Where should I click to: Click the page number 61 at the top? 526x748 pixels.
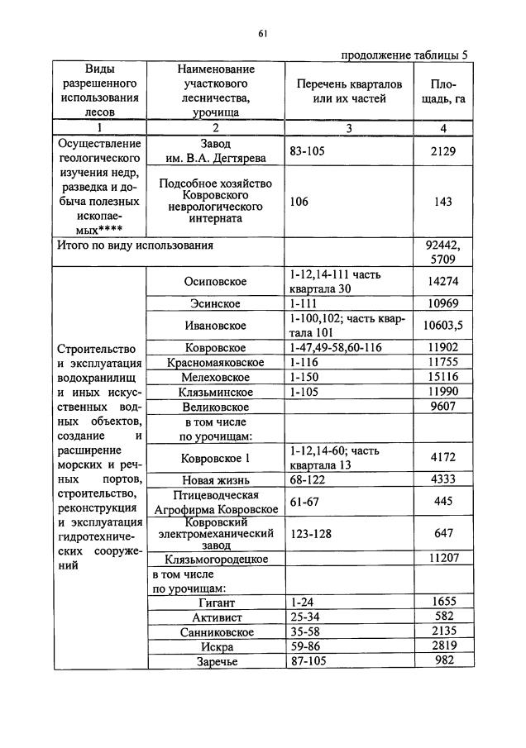[x=262, y=33]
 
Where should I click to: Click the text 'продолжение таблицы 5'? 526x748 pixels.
[x=404, y=55]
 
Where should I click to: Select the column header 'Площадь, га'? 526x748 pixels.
[x=443, y=92]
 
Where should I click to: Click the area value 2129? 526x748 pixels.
[x=443, y=151]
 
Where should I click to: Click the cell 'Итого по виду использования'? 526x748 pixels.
[x=135, y=245]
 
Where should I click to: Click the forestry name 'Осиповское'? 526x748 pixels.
[x=215, y=281]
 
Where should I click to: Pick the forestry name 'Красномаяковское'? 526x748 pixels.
[x=215, y=363]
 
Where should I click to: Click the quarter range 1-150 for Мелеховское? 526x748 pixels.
[x=305, y=377]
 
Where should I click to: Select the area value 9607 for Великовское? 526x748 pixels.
[x=443, y=407]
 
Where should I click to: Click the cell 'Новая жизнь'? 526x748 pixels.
[x=215, y=480]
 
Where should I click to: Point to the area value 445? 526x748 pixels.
[x=443, y=501]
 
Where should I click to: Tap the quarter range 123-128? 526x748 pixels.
[x=311, y=534]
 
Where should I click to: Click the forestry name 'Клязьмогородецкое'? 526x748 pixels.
[x=215, y=559]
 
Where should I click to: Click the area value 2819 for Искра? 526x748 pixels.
[x=443, y=646]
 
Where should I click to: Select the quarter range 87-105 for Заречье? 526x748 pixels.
[x=311, y=661]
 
